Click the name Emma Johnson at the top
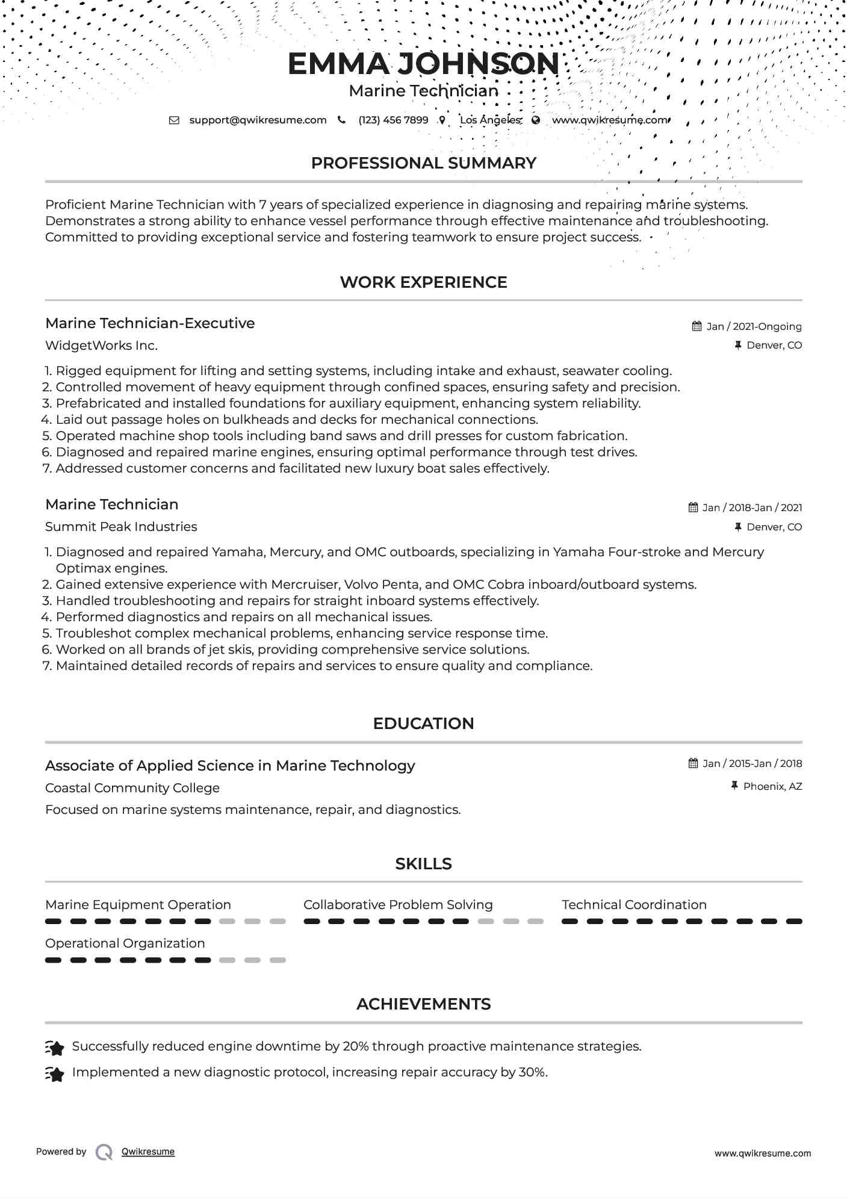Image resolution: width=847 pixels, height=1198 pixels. click(423, 64)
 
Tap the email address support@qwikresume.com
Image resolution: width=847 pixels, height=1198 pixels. click(258, 120)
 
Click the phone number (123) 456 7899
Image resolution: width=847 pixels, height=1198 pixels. click(393, 120)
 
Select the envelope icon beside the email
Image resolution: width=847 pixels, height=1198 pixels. click(174, 120)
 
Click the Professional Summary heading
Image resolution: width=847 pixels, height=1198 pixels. click(423, 163)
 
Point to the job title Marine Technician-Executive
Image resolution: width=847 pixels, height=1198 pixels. click(150, 323)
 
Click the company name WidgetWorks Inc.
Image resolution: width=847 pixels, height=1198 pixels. click(101, 346)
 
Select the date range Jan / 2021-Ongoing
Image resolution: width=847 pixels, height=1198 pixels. click(754, 326)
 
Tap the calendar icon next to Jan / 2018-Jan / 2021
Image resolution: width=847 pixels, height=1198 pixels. click(693, 507)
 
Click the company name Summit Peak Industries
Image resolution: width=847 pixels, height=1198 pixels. click(121, 527)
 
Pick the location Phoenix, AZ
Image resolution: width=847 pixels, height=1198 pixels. click(772, 786)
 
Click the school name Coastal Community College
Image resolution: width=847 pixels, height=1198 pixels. click(132, 788)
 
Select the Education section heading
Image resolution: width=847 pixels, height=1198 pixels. click(423, 724)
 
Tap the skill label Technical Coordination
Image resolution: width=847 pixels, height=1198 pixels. click(634, 905)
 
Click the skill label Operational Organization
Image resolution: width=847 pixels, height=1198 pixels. click(125, 943)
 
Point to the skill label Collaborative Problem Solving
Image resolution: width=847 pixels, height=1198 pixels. click(398, 905)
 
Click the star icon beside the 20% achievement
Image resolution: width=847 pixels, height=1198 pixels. click(55, 1048)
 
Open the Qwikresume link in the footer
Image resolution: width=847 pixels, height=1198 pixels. click(148, 1152)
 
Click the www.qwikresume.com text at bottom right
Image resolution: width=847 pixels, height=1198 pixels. click(762, 1153)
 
